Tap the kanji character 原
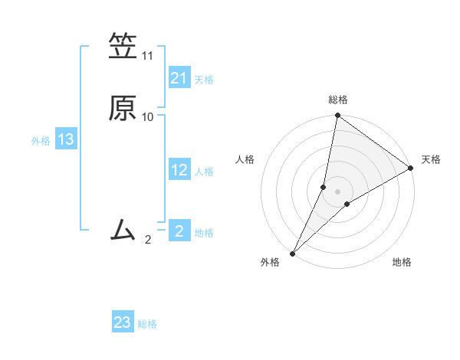click(123, 106)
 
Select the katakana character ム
click(123, 229)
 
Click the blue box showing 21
click(179, 78)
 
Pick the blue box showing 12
click(179, 170)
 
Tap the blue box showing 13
click(66, 140)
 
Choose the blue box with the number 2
click(179, 231)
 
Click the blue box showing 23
click(123, 322)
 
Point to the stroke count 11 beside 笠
click(148, 56)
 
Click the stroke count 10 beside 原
click(148, 117)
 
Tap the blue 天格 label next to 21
click(204, 80)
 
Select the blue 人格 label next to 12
click(204, 172)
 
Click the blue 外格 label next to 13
click(41, 141)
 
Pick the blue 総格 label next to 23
click(147, 324)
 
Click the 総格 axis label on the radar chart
click(338, 100)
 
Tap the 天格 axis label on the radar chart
click(431, 159)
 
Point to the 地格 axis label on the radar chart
click(402, 262)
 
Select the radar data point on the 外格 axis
click(293, 253)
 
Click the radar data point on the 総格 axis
click(337, 116)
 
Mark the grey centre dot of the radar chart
click(337, 191)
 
